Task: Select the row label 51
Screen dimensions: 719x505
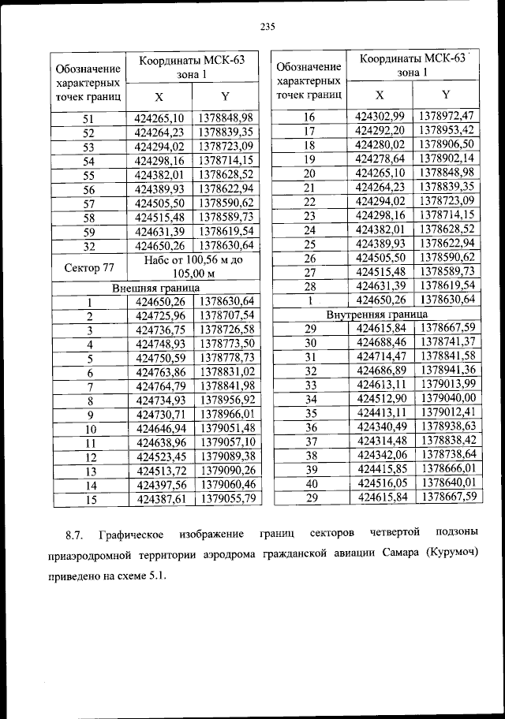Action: click(88, 119)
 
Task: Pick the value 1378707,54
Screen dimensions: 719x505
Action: click(226, 315)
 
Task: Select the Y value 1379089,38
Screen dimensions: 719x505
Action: click(226, 456)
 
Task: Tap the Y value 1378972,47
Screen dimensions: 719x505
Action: click(447, 117)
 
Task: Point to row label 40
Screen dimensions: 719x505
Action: click(311, 483)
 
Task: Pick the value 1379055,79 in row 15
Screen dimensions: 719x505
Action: click(226, 498)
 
